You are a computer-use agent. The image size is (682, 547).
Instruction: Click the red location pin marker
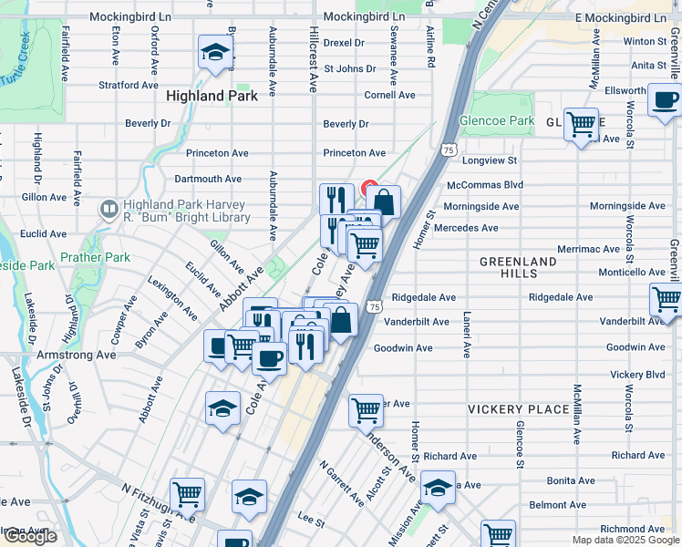pyautogui.click(x=370, y=190)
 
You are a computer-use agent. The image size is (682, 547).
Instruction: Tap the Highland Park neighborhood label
pyautogui.click(x=212, y=95)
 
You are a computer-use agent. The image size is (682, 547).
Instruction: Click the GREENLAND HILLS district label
pyautogui.click(x=518, y=267)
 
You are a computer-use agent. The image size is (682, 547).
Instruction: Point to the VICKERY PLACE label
pyautogui.click(x=519, y=409)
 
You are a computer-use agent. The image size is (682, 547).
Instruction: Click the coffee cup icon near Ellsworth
pyautogui.click(x=665, y=99)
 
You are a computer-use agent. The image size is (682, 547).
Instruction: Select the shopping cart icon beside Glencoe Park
pyautogui.click(x=581, y=123)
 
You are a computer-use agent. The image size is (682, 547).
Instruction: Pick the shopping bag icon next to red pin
pyautogui.click(x=384, y=201)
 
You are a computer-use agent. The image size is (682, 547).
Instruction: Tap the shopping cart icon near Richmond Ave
pyautogui.click(x=498, y=534)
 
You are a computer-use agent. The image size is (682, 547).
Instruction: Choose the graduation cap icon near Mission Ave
pyautogui.click(x=438, y=489)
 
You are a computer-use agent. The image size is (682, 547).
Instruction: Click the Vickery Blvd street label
pyautogui.click(x=637, y=375)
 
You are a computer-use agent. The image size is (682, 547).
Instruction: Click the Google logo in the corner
pyautogui.click(x=29, y=536)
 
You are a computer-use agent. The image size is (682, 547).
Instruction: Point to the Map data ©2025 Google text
pyautogui.click(x=625, y=540)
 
